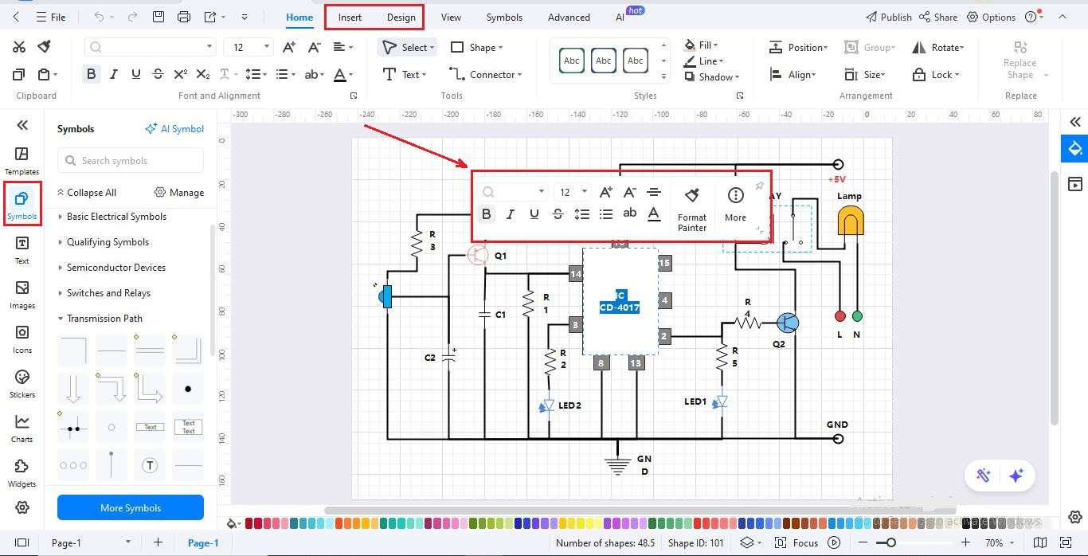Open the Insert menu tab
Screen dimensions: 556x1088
[350, 17]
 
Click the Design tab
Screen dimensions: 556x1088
[401, 17]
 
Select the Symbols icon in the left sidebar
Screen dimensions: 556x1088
[22, 204]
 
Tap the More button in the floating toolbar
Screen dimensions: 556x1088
[735, 203]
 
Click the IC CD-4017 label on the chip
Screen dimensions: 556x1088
[620, 301]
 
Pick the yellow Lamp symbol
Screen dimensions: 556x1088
[850, 221]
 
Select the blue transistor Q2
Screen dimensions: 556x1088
[787, 323]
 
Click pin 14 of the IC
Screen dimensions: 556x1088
[575, 274]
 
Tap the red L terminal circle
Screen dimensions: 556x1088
[839, 316]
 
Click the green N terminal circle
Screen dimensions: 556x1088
[857, 316]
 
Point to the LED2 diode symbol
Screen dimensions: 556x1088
[547, 406]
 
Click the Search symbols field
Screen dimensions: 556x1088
[131, 161]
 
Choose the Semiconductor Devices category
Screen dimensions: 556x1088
[116, 268]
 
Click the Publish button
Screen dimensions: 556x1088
[888, 17]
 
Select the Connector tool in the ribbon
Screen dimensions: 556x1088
[486, 74]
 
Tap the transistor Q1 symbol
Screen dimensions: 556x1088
[477, 255]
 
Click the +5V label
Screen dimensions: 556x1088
[837, 180]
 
